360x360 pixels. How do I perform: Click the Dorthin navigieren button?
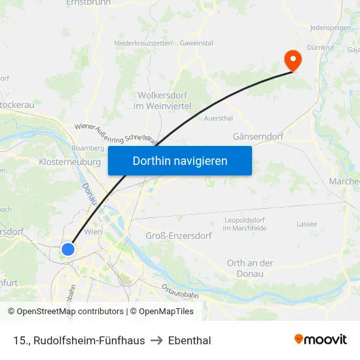click(x=180, y=160)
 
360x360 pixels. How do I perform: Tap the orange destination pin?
click(x=292, y=60)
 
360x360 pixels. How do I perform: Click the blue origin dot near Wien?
click(x=68, y=249)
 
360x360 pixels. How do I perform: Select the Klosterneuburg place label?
click(x=70, y=161)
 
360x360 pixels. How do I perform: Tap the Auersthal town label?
click(x=218, y=118)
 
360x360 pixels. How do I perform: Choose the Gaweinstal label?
click(x=196, y=43)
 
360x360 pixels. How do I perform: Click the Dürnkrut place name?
click(x=320, y=47)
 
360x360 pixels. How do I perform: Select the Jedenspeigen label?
click(x=330, y=28)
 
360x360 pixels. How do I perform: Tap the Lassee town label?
click(x=306, y=224)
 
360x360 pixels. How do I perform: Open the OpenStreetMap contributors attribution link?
click(x=70, y=312)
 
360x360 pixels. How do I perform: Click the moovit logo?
click(x=321, y=340)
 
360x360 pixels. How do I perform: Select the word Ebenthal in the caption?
click(x=189, y=340)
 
